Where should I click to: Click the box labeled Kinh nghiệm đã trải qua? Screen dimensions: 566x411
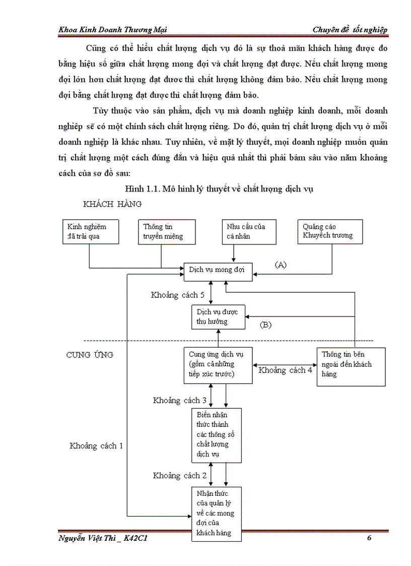pyautogui.click(x=90, y=231)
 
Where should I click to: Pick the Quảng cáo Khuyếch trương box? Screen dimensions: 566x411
pyautogui.click(x=330, y=231)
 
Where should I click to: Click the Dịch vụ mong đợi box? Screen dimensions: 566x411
pyautogui.click(x=217, y=270)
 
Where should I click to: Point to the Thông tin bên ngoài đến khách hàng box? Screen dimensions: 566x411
pyautogui.click(x=351, y=364)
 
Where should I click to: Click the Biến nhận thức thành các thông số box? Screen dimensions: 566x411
pyautogui.click(x=217, y=435)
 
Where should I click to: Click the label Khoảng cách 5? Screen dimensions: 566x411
pyautogui.click(x=178, y=295)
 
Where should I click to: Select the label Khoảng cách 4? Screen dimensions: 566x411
pyautogui.click(x=285, y=370)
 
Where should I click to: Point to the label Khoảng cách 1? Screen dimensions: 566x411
pyautogui.click(x=96, y=446)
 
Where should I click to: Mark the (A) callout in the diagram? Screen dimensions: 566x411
pyautogui.click(x=281, y=264)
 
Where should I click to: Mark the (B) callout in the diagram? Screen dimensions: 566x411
pyautogui.click(x=265, y=325)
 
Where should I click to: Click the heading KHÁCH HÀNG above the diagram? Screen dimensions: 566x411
pyautogui.click(x=112, y=204)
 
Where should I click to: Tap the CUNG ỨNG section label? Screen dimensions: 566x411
pyautogui.click(x=90, y=355)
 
